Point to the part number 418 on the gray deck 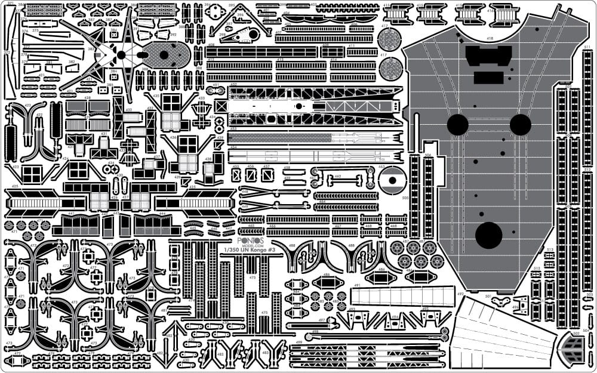pyautogui.click(x=490, y=39)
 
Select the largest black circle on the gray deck pyautogui.click(x=488, y=235)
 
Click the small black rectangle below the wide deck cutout pyautogui.click(x=489, y=78)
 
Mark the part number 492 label pyautogui.click(x=461, y=294)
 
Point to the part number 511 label pyautogui.click(x=587, y=47)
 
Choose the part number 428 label pyautogui.click(x=87, y=97)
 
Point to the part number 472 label pyautogui.click(x=17, y=353)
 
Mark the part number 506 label pyautogui.click(x=428, y=156)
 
